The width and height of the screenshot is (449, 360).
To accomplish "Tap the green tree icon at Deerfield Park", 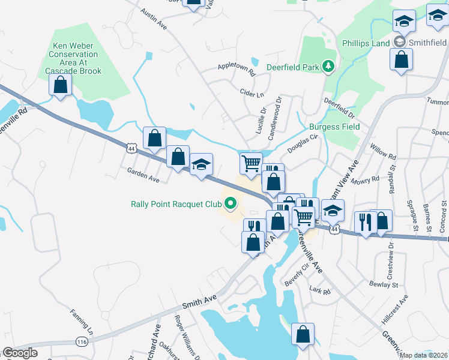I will [328, 66].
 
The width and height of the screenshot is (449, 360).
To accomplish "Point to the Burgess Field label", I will [334, 127].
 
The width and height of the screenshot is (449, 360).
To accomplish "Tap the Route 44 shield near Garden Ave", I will [131, 147].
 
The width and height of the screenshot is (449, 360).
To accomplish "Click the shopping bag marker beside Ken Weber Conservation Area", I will [60, 85].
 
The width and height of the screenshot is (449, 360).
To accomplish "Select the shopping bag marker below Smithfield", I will [401, 59].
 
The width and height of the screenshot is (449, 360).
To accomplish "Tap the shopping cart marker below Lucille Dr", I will [251, 162].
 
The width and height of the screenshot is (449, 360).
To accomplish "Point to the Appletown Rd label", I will [237, 70].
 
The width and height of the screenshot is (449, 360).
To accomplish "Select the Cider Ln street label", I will [252, 95].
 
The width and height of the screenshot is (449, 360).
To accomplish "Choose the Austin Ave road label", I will [154, 19].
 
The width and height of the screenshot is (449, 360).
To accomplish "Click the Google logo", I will [20, 353].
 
